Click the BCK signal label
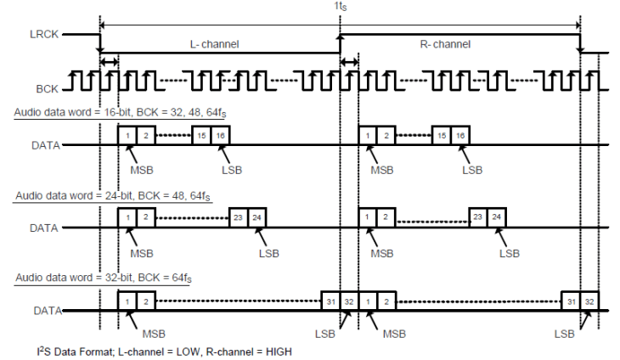(x=47, y=87)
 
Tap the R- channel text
(x=447, y=43)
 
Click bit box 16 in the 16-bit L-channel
(x=221, y=136)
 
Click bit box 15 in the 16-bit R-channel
(x=441, y=136)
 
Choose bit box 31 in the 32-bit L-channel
(x=330, y=301)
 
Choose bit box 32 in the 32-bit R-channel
(x=589, y=301)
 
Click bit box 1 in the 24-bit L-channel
(x=127, y=218)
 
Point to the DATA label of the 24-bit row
(x=45, y=228)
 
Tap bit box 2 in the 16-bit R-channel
(x=386, y=136)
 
